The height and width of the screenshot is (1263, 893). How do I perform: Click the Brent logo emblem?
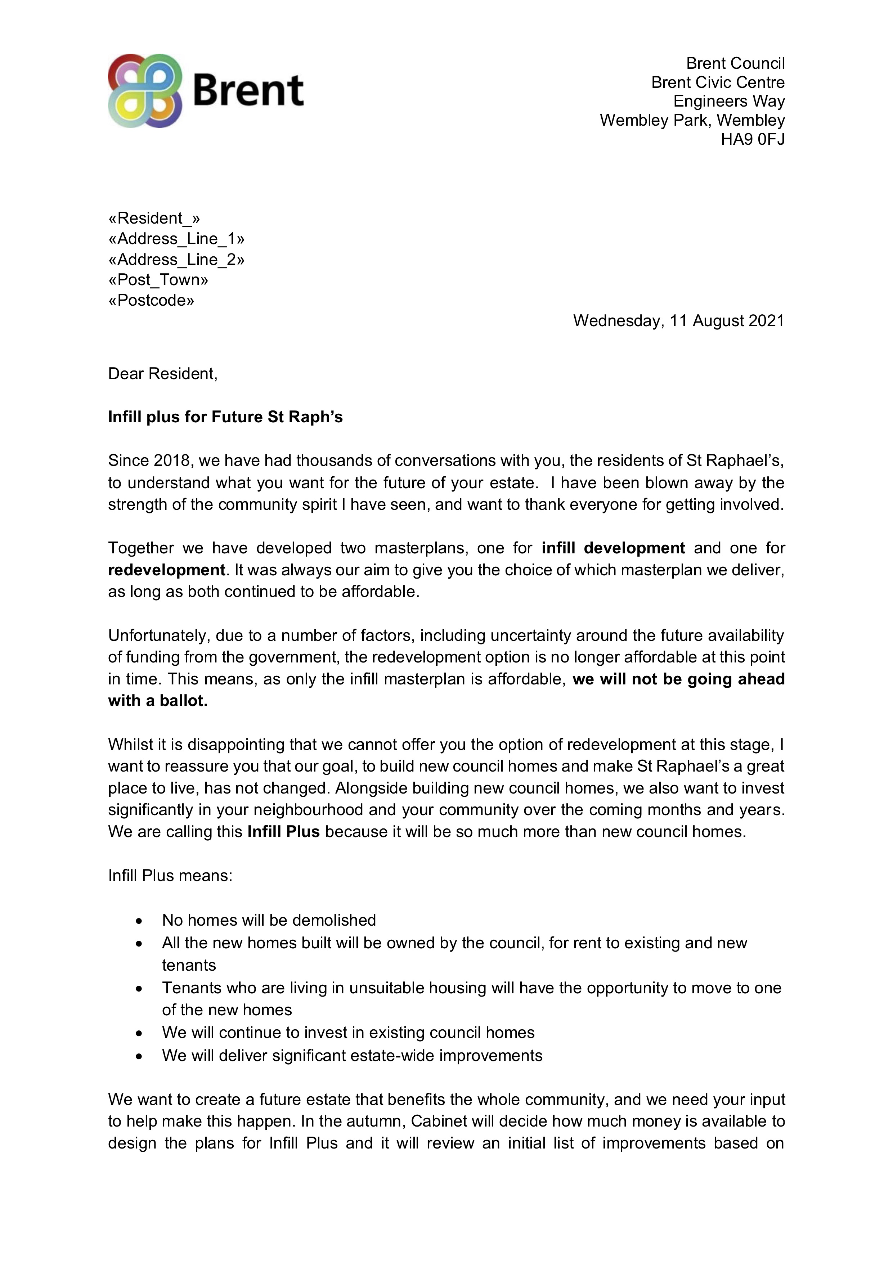pyautogui.click(x=145, y=91)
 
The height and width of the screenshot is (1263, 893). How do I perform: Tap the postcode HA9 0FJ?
pyautogui.click(x=752, y=139)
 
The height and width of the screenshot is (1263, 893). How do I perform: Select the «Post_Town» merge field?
pyautogui.click(x=158, y=280)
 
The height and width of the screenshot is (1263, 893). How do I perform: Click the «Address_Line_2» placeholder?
pyautogui.click(x=176, y=259)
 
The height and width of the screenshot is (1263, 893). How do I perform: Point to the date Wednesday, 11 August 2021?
pyautogui.click(x=678, y=321)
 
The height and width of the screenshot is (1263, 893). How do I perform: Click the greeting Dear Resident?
pyautogui.click(x=163, y=374)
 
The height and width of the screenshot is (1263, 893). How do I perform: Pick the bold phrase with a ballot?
pyautogui.click(x=158, y=701)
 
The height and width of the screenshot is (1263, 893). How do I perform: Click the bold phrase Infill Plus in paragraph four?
pyautogui.click(x=283, y=831)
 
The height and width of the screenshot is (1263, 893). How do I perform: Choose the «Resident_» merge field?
pyautogui.click(x=154, y=219)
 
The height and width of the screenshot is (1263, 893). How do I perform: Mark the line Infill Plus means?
pyautogui.click(x=170, y=875)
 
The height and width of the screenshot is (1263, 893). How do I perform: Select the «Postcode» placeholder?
pyautogui.click(x=151, y=300)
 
